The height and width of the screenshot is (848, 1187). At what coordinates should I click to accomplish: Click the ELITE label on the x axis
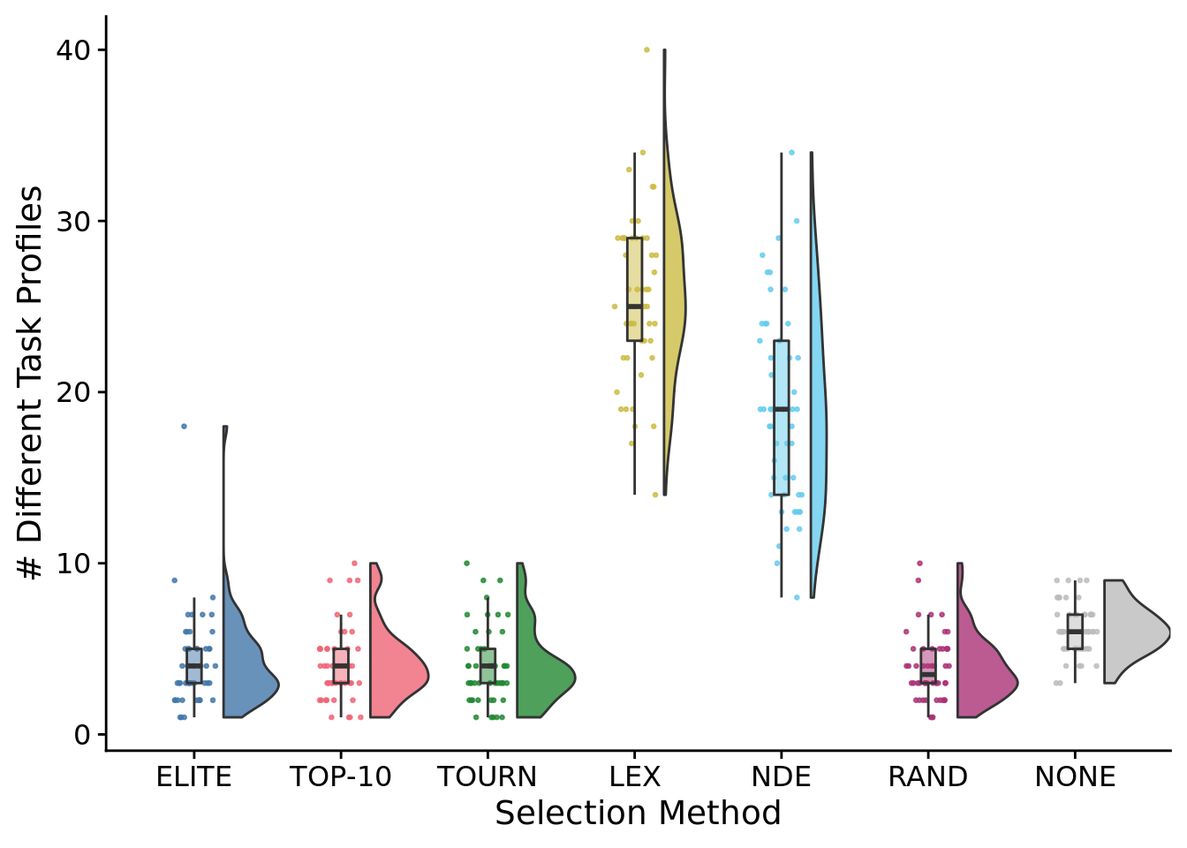[193, 777]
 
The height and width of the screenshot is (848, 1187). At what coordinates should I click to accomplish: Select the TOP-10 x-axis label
[340, 777]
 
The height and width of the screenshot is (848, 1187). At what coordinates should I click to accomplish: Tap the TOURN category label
[488, 777]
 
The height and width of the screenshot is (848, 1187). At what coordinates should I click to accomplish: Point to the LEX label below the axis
[634, 777]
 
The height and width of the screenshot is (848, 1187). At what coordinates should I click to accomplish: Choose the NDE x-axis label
[781, 777]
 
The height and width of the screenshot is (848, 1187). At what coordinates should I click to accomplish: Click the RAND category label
[927, 777]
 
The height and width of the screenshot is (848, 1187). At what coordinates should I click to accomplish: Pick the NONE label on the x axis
[1075, 777]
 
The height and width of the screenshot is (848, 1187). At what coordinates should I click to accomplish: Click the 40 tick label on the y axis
[73, 50]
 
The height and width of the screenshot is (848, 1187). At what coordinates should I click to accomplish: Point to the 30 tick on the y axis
[73, 221]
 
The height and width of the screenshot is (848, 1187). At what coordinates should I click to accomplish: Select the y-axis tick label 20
[73, 392]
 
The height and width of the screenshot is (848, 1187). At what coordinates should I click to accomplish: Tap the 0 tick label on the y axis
[83, 735]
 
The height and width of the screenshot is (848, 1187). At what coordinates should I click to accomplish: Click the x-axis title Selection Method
[638, 814]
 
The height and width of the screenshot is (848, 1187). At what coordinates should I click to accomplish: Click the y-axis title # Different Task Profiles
[32, 382]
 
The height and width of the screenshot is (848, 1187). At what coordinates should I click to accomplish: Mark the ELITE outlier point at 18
[184, 426]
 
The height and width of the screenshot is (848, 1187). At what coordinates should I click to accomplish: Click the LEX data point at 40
[646, 49]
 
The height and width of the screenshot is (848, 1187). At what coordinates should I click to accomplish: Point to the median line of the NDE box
[781, 409]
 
